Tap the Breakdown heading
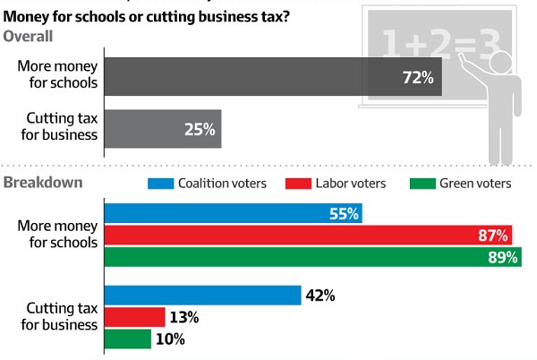click(x=44, y=183)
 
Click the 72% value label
click(x=416, y=78)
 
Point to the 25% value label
click(x=199, y=130)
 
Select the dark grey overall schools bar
click(x=268, y=78)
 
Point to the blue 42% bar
click(x=202, y=296)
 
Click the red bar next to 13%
click(x=135, y=317)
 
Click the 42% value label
click(x=320, y=296)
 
